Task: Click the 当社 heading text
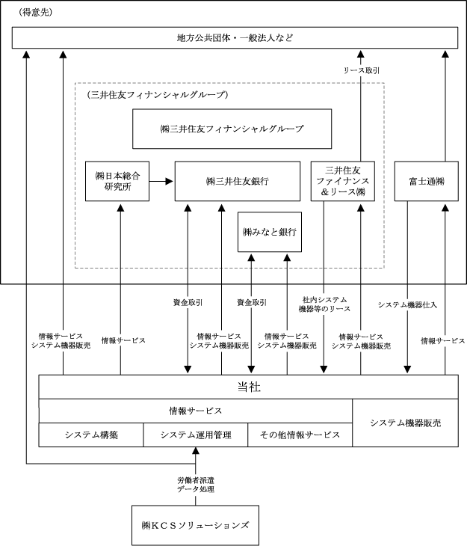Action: (249, 387)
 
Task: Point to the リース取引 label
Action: (361, 70)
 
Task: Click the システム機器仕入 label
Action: (407, 305)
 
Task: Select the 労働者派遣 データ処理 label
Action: (196, 485)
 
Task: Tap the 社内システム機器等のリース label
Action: (324, 304)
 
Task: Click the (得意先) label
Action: (35, 13)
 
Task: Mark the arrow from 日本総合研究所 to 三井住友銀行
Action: (161, 181)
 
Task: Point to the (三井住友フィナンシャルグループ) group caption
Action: (157, 95)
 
